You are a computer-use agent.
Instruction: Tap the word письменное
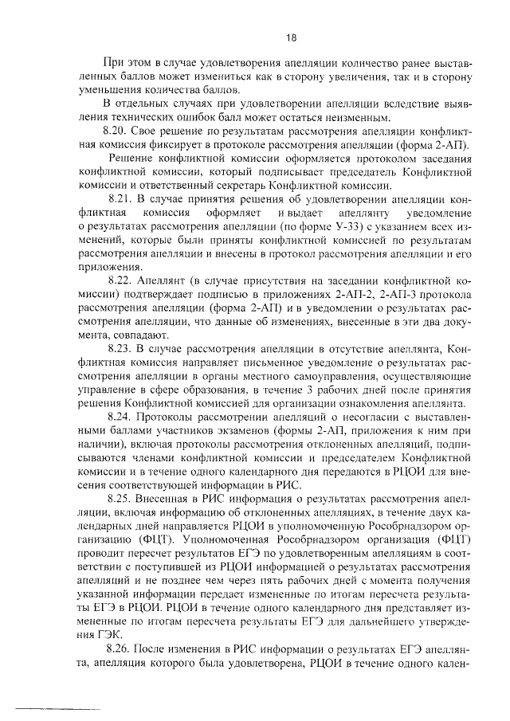click(247, 363)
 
